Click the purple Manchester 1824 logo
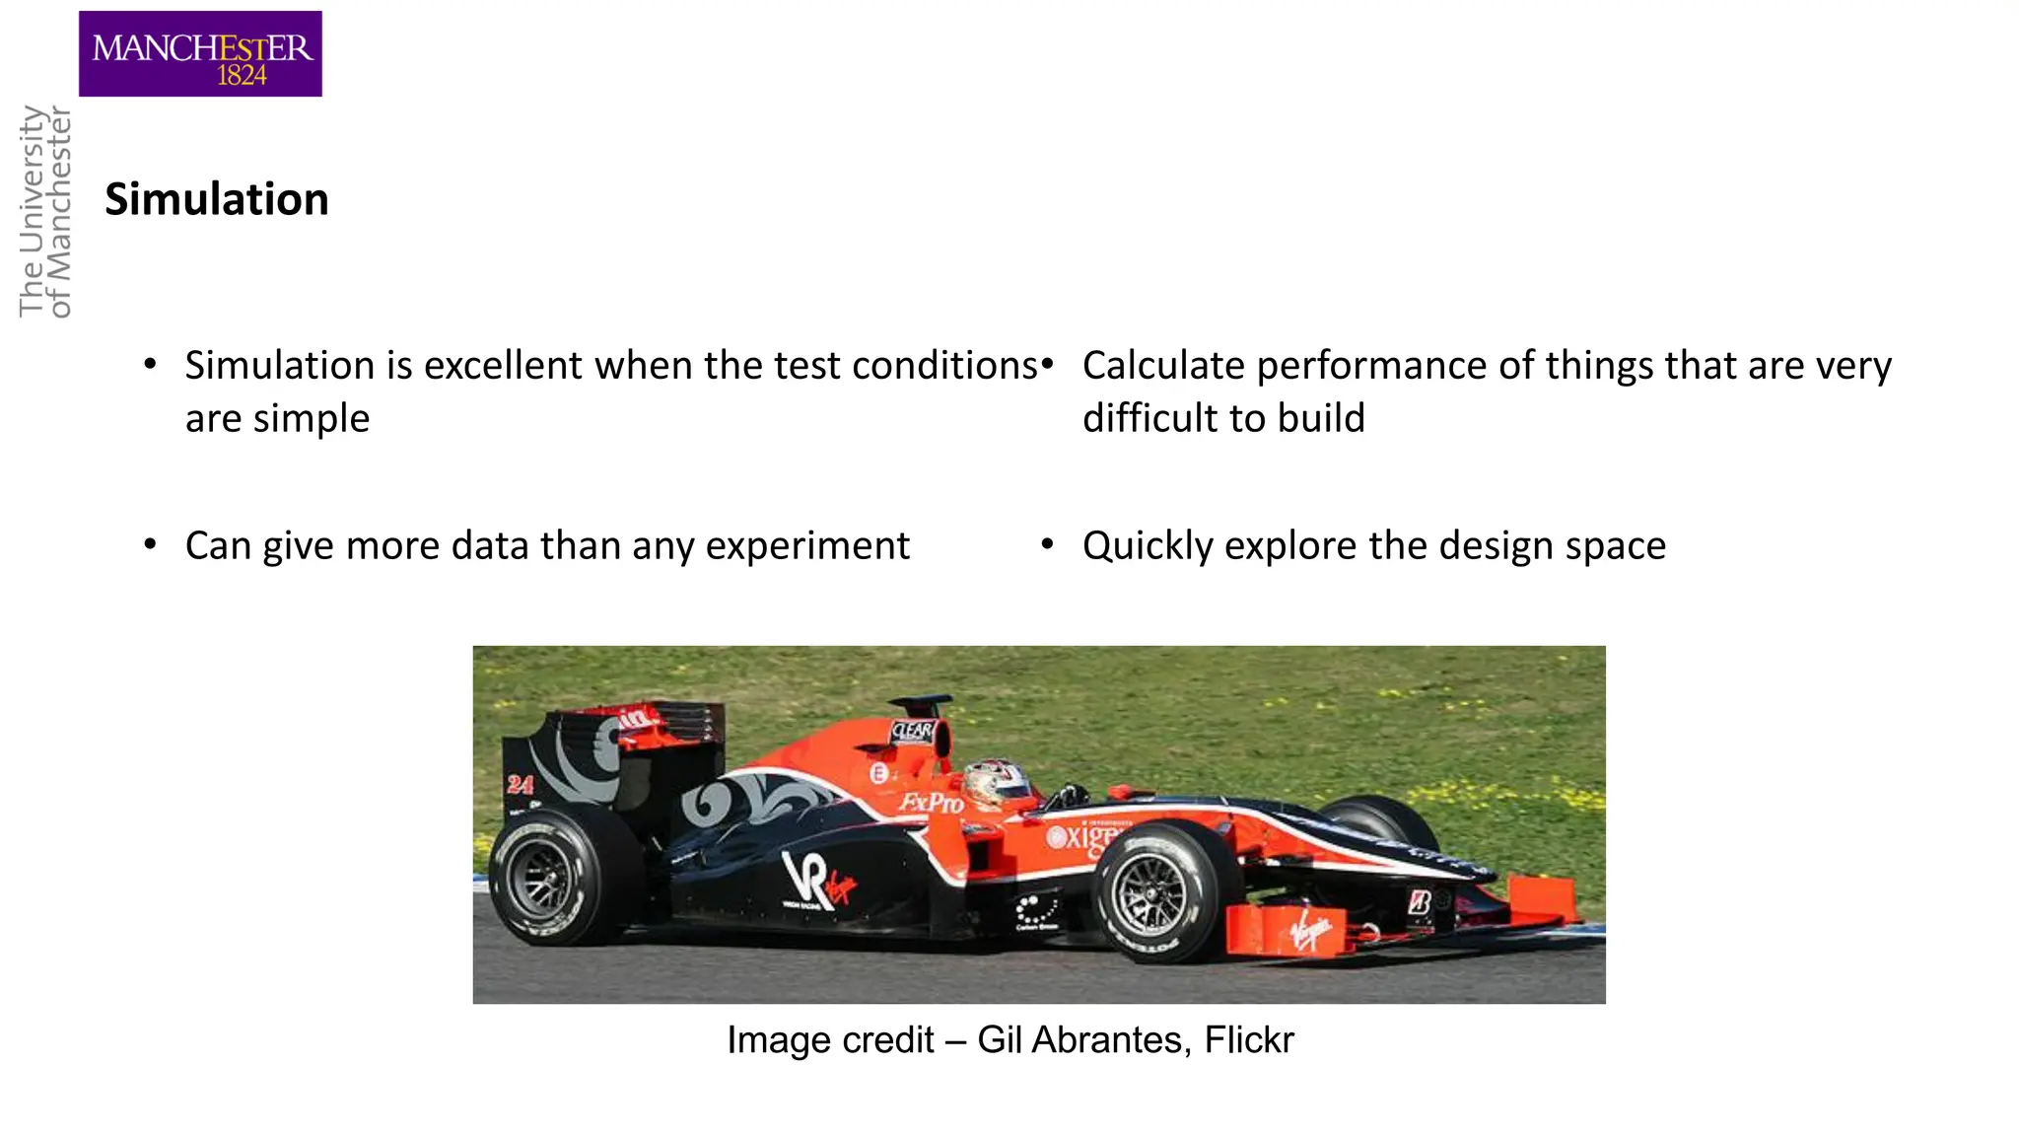coord(200,53)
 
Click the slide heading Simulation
coord(217,199)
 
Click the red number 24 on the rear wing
coord(520,785)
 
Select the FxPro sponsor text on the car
coord(930,803)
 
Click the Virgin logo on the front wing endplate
coord(1310,930)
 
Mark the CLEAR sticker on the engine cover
coord(912,732)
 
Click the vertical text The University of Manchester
coord(46,212)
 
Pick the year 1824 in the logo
coord(242,76)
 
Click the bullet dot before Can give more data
coord(150,544)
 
